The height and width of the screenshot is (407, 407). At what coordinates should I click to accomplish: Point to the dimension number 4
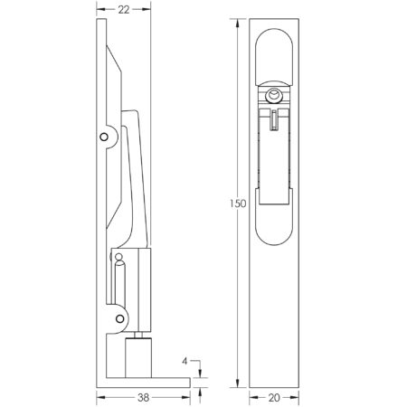click(185, 362)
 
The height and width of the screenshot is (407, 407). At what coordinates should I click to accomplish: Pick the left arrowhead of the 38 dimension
click(99, 395)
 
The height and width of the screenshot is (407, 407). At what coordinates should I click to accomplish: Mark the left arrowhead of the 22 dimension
click(98, 10)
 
